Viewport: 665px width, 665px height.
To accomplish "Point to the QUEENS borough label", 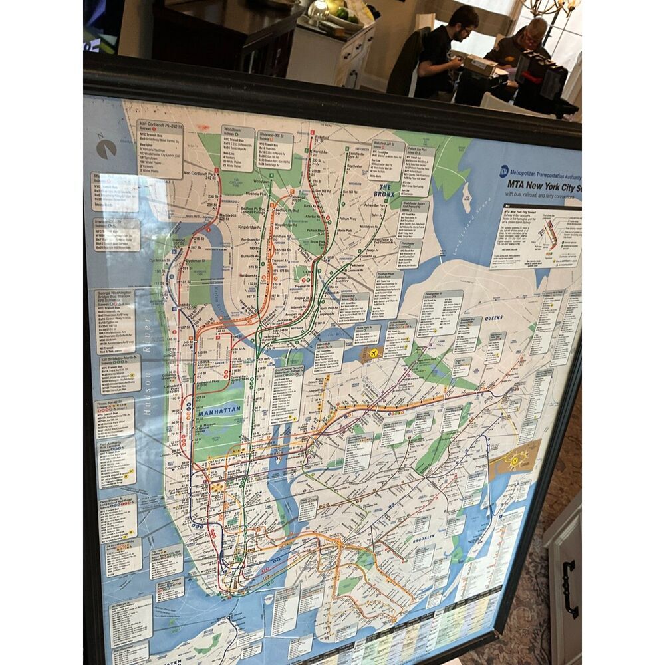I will click(x=493, y=318).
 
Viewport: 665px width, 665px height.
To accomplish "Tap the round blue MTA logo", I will click(x=504, y=172).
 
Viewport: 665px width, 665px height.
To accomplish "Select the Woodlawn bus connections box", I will click(x=238, y=148).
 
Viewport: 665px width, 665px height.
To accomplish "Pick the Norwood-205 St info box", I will click(x=275, y=150).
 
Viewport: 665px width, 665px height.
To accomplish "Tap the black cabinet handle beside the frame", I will click(x=569, y=589).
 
